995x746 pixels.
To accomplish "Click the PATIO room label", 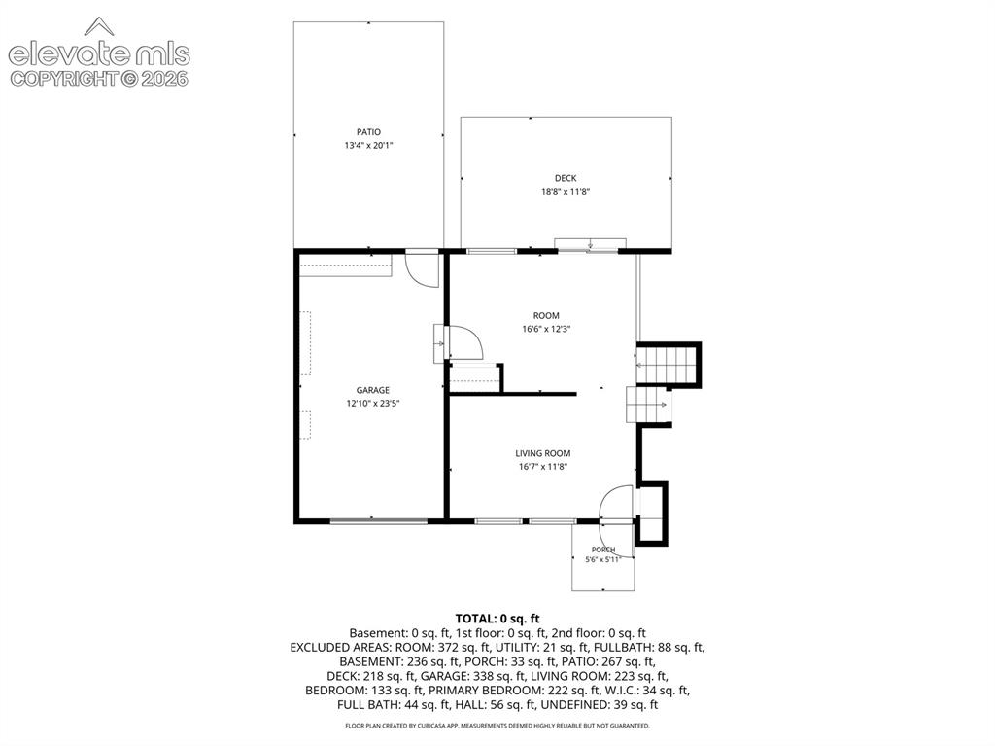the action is [368, 132].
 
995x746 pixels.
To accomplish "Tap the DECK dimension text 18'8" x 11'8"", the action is [566, 192].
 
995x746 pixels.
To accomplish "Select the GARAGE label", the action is [372, 390].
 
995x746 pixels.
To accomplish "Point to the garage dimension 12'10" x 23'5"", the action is [372, 403].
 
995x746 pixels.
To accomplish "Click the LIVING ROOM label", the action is [542, 453].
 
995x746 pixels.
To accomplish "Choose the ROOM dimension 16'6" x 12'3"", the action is [546, 329].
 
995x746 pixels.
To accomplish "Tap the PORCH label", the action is [603, 550].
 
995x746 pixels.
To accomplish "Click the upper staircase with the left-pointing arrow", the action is [667, 365].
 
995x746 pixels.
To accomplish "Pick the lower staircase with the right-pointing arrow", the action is [648, 405].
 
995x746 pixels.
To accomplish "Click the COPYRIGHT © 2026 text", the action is [99, 79].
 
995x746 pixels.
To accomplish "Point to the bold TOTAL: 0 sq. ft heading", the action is [497, 619].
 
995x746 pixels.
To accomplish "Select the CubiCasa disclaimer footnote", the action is [497, 726].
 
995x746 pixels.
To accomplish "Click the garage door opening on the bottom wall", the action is [379, 521].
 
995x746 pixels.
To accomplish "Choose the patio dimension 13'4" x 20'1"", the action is [368, 146].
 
